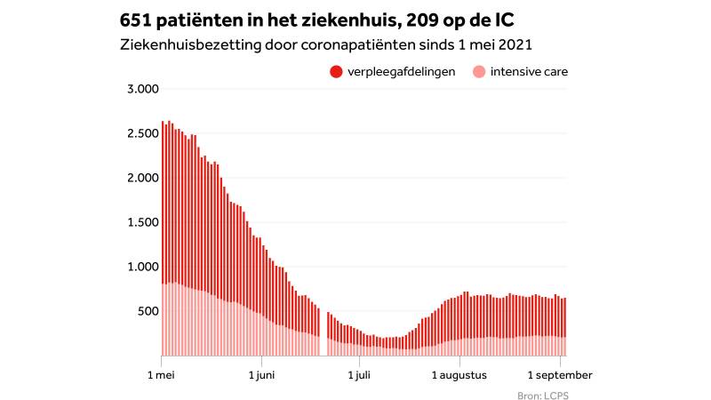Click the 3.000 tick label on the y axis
click(142, 89)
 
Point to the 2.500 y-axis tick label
click(142, 133)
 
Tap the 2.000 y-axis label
click(142, 178)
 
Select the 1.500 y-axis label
click(142, 222)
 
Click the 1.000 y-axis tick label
click(142, 267)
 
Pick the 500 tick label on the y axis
click(147, 311)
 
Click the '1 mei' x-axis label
click(161, 375)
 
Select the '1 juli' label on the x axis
click(358, 375)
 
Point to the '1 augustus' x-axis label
click(460, 375)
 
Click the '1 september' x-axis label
click(558, 375)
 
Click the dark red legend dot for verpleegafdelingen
click(335, 71)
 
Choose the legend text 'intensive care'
click(529, 71)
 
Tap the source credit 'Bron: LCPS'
click(541, 395)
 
